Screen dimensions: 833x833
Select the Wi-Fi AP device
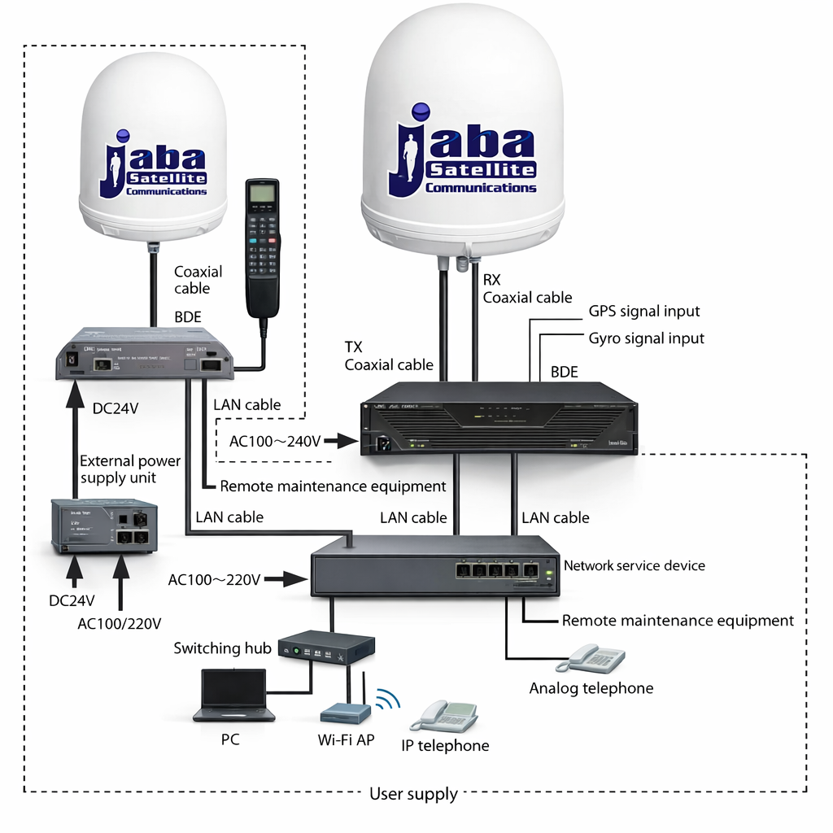point(346,713)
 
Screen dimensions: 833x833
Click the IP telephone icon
point(444,716)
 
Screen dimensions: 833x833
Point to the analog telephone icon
point(596,658)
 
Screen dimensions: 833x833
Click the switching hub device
point(326,648)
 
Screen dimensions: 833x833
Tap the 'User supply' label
point(413,793)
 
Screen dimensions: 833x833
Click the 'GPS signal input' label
point(644,312)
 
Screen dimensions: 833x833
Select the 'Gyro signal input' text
point(646,338)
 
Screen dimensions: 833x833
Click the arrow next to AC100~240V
point(345,442)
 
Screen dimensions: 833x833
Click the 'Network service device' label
point(635,565)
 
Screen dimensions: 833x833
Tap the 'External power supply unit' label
point(129,469)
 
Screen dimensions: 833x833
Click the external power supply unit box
point(104,526)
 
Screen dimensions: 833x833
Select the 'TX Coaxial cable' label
point(389,355)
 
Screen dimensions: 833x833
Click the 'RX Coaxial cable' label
point(527,289)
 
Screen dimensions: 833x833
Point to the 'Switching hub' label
point(223,648)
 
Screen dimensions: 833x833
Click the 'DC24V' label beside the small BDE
point(115,408)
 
